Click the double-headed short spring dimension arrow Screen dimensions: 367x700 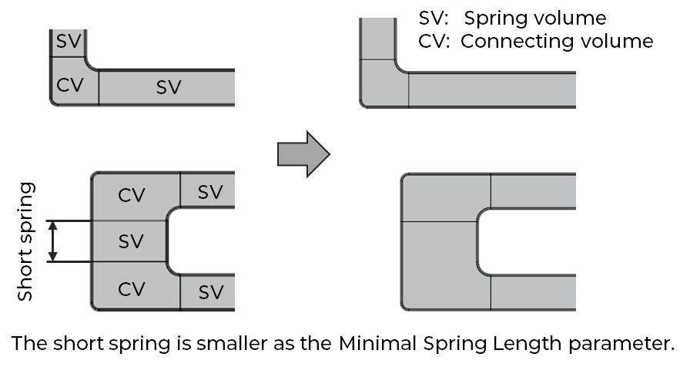coord(53,241)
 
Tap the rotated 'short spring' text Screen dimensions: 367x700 coord(28,241)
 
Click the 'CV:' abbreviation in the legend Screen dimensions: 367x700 coord(434,42)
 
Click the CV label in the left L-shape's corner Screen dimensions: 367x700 coord(70,85)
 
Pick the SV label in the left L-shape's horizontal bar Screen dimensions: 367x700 coord(169,87)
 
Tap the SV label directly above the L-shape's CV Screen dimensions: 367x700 coord(69,42)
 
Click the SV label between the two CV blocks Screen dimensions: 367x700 coord(131,241)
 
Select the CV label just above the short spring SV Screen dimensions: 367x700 coord(132,196)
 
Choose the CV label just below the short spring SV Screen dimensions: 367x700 coord(132,289)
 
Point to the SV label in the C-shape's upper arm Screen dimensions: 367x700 coord(209,191)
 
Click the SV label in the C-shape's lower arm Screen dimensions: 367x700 coord(210,292)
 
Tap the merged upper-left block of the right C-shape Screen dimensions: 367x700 coord(446,198)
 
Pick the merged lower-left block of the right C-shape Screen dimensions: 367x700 coord(446,264)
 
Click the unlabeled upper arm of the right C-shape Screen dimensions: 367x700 coord(533,190)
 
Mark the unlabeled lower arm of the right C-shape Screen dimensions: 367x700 coord(533,292)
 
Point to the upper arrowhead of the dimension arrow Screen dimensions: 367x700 coord(53,226)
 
